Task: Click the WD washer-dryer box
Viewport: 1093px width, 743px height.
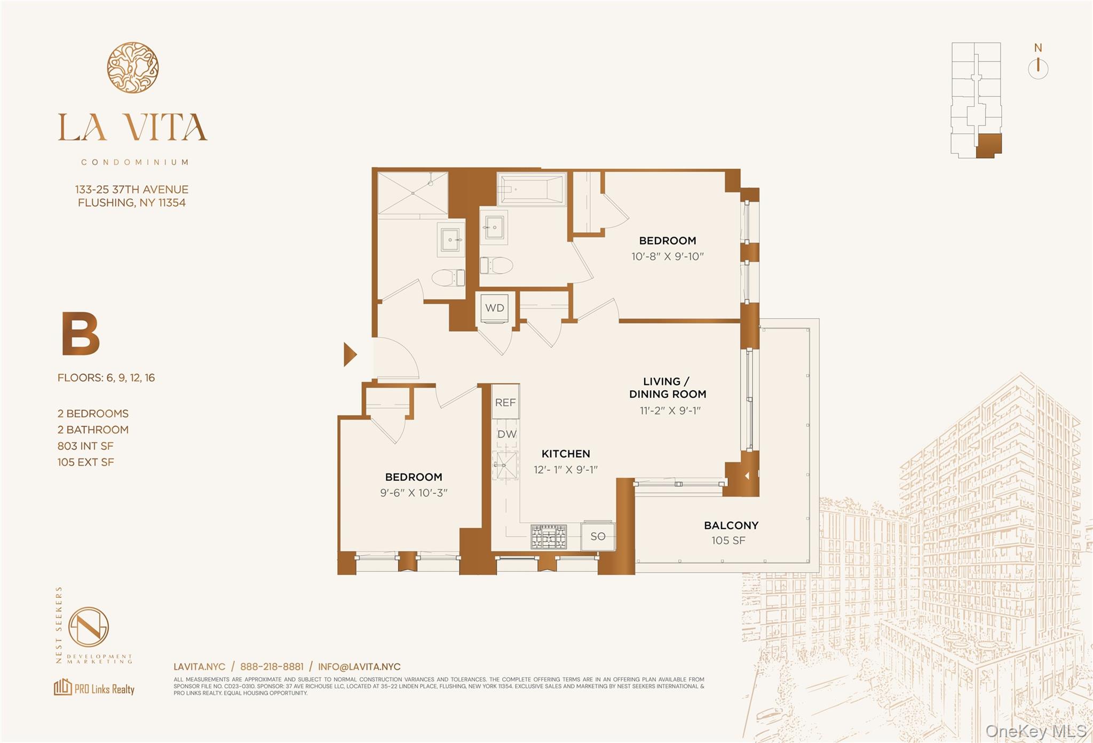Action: [x=495, y=308]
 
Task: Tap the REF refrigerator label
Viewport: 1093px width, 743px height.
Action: [x=505, y=402]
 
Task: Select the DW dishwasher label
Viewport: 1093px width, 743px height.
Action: [x=506, y=434]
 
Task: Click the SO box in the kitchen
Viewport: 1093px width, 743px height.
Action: [x=598, y=536]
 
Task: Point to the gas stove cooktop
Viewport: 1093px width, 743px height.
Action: [x=548, y=536]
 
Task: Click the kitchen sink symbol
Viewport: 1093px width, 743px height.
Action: [x=505, y=465]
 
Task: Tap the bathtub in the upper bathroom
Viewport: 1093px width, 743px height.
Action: [x=531, y=189]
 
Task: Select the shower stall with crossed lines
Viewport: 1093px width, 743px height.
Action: [x=413, y=193]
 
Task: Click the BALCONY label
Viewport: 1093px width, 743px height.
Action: [x=731, y=525]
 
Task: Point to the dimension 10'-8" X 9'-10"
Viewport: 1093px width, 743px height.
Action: [x=667, y=256]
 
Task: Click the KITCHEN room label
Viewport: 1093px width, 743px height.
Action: [x=566, y=454]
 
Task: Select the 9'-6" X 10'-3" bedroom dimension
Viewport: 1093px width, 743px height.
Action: [x=414, y=493]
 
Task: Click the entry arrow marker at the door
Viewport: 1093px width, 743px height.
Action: [x=350, y=354]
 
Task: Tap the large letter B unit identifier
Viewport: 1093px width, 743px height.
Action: [x=81, y=334]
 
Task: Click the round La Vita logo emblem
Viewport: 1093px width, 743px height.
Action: [x=132, y=68]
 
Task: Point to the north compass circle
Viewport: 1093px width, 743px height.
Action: [x=1037, y=69]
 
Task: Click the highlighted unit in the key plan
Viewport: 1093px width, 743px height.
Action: [x=988, y=145]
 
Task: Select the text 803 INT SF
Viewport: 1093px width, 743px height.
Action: [x=85, y=446]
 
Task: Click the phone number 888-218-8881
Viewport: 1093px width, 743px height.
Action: [x=272, y=667]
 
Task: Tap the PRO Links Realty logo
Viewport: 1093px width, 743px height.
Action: [x=94, y=687]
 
